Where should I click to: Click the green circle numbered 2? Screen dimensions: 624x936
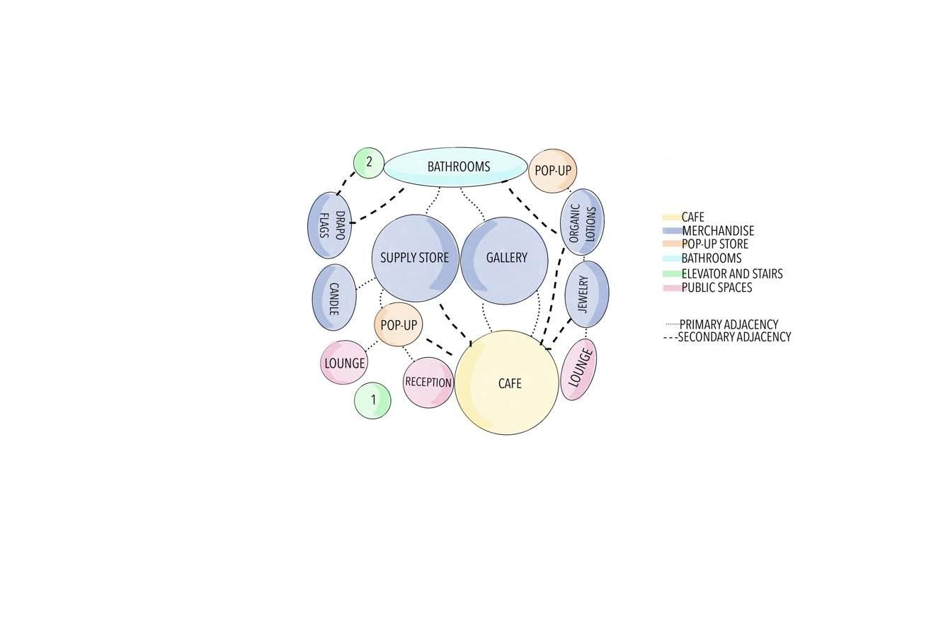368,163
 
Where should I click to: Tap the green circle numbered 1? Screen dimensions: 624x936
372,400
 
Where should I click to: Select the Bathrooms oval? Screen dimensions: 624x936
456,167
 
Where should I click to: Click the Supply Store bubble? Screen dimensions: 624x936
415,258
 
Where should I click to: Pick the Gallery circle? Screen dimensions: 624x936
504,260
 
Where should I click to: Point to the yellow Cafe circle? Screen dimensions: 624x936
506,382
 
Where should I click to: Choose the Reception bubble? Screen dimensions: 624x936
428,382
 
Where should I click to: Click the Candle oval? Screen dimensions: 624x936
333,297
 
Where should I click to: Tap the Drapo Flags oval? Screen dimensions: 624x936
329,225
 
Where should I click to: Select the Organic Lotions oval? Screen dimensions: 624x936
582,222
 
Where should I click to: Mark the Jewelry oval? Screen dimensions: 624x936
587,294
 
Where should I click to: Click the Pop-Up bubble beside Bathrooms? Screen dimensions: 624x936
552,171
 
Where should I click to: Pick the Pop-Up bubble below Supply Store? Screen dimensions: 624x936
398,325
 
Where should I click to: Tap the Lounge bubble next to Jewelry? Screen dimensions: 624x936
578,369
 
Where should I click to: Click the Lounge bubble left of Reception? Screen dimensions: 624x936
344,363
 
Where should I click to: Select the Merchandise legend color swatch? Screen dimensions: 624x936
671,231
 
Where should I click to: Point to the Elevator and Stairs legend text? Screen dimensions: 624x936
731,273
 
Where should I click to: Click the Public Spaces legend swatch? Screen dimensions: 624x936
671,288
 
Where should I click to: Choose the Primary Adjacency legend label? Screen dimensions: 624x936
728,324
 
